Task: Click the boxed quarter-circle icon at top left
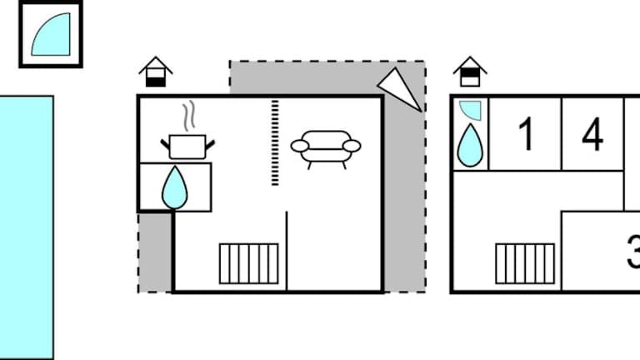pyautogui.click(x=51, y=35)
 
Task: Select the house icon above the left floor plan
pyautogui.click(x=155, y=72)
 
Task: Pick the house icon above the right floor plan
pyautogui.click(x=470, y=72)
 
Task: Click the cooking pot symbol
pyautogui.click(x=187, y=146)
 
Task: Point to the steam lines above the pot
pyautogui.click(x=190, y=115)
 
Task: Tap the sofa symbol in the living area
pyautogui.click(x=326, y=147)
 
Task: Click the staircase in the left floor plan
pyautogui.click(x=249, y=262)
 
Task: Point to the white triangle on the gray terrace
pyautogui.click(x=400, y=90)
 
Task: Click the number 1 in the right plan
pyautogui.click(x=526, y=134)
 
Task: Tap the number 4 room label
pyautogui.click(x=592, y=134)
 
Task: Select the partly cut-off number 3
pyautogui.click(x=633, y=252)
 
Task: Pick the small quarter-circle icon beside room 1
pyautogui.click(x=470, y=110)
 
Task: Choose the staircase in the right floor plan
pyautogui.click(x=524, y=262)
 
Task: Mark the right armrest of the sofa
pyautogui.click(x=352, y=147)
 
